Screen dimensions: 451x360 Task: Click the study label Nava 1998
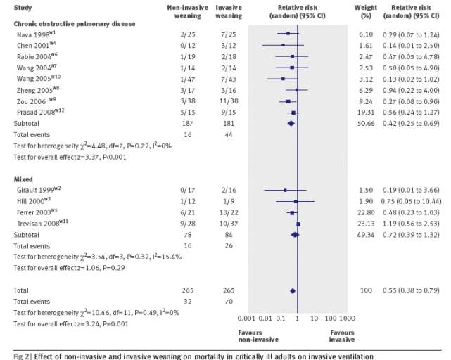pyautogui.click(x=36, y=34)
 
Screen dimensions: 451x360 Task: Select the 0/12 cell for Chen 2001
pyautogui.click(x=188, y=46)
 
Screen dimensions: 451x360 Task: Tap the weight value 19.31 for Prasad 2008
pyautogui.click(x=366, y=112)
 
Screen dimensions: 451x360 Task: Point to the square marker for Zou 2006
pyautogui.click(x=288, y=101)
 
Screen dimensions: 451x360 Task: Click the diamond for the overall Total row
pyautogui.click(x=293, y=291)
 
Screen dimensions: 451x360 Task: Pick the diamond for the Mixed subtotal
pyautogui.click(x=295, y=235)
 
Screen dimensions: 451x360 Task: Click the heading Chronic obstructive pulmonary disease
pyautogui.click(x=75, y=24)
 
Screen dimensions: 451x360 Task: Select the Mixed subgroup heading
pyautogui.click(x=23, y=179)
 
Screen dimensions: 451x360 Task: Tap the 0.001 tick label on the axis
pyautogui.click(x=246, y=319)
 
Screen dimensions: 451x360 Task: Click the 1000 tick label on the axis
pyautogui.click(x=347, y=319)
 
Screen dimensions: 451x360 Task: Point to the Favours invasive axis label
pyautogui.click(x=342, y=336)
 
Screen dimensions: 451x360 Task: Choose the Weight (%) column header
pyautogui.click(x=366, y=11)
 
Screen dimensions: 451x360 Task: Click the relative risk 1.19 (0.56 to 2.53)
pyautogui.click(x=411, y=224)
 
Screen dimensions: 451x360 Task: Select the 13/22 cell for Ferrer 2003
pyautogui.click(x=229, y=212)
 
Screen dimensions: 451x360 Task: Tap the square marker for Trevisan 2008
pyautogui.click(x=298, y=224)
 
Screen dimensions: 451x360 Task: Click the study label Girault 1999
pyautogui.click(x=39, y=190)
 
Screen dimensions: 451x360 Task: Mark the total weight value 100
pyautogui.click(x=366, y=290)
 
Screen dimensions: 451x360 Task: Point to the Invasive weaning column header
pyautogui.click(x=229, y=11)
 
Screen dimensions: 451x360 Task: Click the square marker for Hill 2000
pyautogui.click(x=296, y=202)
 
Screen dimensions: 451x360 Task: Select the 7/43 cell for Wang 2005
pyautogui.click(x=229, y=79)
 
